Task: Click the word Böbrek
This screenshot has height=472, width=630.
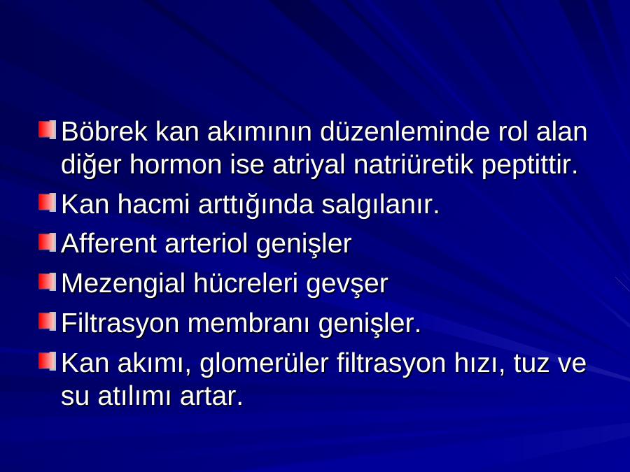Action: pyautogui.click(x=104, y=131)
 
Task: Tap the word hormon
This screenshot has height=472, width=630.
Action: pyautogui.click(x=176, y=164)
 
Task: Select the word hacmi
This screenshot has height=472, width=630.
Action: pyautogui.click(x=153, y=204)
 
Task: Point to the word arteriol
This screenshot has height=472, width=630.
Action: pyautogui.click(x=206, y=243)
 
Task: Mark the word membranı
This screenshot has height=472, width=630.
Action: pyautogui.click(x=248, y=323)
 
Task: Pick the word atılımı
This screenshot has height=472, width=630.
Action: pyautogui.click(x=135, y=396)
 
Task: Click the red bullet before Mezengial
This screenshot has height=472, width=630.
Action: pyautogui.click(x=48, y=282)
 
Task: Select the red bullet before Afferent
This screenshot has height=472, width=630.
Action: pyautogui.click(x=48, y=243)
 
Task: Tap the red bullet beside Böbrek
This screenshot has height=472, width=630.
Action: pyautogui.click(x=48, y=131)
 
